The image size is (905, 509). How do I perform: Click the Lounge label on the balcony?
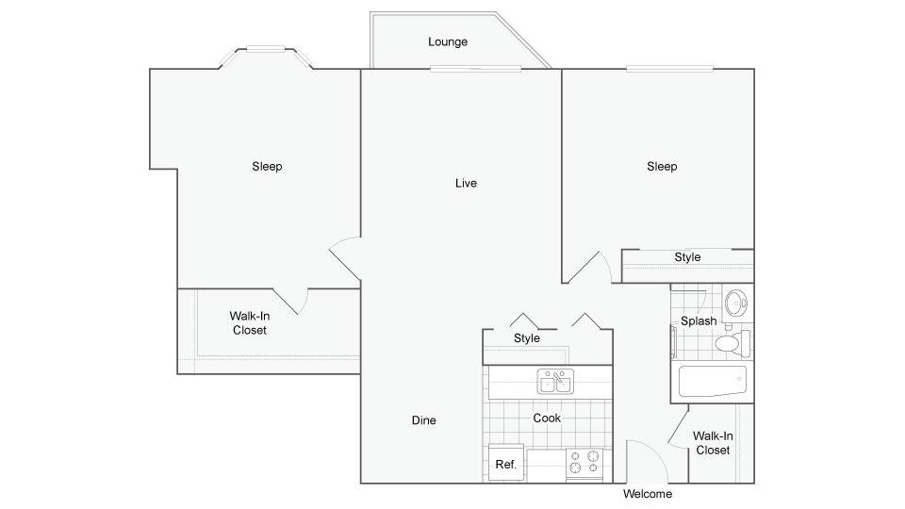[447, 42]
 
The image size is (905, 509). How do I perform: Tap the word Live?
[466, 184]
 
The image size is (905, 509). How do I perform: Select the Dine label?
[423, 420]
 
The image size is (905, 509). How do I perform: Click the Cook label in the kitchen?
[547, 418]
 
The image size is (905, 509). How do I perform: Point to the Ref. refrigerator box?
[506, 462]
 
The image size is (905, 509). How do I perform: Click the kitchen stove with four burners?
[584, 463]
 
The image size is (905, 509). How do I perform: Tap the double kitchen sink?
[555, 382]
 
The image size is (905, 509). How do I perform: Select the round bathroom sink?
[736, 303]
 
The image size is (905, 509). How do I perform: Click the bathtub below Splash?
[713, 382]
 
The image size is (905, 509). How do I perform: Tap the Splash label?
[699, 320]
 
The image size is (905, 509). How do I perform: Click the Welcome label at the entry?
[648, 494]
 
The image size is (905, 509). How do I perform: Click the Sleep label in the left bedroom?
[267, 167]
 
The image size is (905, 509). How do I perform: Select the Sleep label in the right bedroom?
[662, 167]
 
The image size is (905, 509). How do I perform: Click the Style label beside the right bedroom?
[687, 257]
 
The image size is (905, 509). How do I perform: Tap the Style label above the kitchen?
[526, 338]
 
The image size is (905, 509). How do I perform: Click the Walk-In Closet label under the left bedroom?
[249, 323]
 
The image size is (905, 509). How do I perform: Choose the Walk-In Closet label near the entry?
[713, 443]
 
